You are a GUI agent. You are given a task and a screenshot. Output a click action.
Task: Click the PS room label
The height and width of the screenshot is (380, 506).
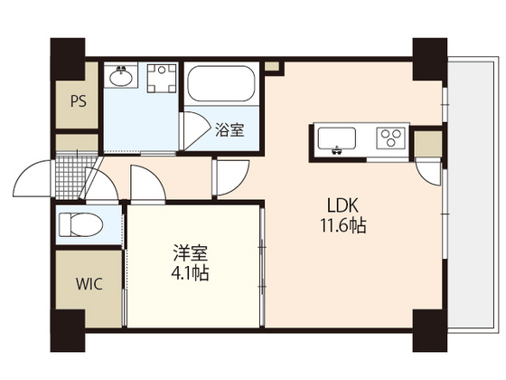pos(79,101)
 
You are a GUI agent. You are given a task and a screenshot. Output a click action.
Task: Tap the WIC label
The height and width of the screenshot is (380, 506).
pos(89,284)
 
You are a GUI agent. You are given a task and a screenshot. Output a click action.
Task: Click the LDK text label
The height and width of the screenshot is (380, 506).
pos(342,205)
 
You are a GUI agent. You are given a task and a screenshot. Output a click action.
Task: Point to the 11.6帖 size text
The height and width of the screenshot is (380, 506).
pos(342,225)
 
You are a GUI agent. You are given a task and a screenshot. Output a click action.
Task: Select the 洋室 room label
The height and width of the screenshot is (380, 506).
pos(191,253)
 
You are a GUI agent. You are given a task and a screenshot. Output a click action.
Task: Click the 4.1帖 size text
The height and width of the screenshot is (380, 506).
pos(190,273)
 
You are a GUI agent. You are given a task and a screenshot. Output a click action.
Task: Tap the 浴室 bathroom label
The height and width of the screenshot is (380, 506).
pos(230,130)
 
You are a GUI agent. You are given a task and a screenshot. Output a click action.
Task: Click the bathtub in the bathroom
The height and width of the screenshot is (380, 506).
pos(221,83)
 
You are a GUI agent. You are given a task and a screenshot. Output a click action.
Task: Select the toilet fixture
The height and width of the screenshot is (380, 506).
pos(80,225)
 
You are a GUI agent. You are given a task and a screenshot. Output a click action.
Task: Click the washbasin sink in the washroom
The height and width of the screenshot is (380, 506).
pos(121,77)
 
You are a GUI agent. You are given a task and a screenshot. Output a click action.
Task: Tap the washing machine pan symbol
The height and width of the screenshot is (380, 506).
pos(162,78)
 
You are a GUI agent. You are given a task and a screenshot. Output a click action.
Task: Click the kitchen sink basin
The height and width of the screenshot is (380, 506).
pos(336,139)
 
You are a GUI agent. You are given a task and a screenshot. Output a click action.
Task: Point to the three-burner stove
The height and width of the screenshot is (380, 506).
pos(390,138)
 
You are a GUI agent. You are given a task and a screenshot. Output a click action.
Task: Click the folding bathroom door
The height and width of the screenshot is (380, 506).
pos(195,130)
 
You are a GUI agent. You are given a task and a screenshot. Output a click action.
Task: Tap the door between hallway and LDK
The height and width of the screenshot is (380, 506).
pos(231,177)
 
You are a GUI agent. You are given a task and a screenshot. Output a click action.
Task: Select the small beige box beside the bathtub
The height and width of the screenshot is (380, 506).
pos(272,67)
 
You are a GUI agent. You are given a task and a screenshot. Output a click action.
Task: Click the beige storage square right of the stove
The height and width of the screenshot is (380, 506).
pos(427,144)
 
